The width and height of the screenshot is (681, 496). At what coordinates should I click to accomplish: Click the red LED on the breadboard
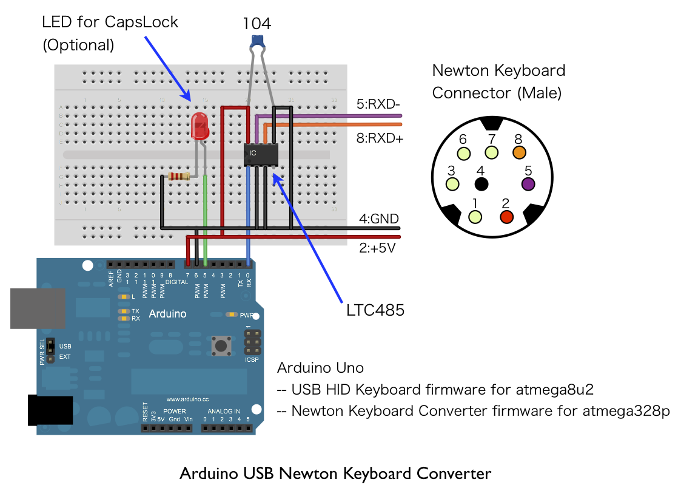(x=200, y=126)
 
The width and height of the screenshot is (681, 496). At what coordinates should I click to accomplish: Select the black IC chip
(x=260, y=154)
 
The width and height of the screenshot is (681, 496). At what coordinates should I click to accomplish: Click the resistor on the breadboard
(x=178, y=177)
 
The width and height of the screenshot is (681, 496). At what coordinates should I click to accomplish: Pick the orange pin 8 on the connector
(x=519, y=152)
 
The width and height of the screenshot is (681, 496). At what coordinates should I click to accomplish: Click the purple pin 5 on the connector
(x=527, y=183)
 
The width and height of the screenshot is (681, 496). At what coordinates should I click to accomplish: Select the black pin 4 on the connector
(x=481, y=183)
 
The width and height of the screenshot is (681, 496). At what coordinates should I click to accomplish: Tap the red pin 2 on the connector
(x=506, y=216)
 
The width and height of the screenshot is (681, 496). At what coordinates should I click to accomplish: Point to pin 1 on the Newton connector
(x=475, y=216)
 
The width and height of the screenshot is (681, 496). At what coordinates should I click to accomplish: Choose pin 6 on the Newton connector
(x=463, y=153)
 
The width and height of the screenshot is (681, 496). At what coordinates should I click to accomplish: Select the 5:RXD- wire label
(x=378, y=104)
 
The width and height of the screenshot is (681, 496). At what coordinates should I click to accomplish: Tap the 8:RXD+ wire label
(x=380, y=138)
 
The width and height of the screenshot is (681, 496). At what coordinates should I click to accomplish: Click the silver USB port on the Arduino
(x=38, y=308)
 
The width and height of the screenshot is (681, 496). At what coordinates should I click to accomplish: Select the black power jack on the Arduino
(x=50, y=410)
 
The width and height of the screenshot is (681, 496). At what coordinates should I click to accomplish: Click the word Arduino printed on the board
(x=167, y=314)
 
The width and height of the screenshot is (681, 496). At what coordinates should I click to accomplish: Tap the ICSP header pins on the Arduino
(x=253, y=342)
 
